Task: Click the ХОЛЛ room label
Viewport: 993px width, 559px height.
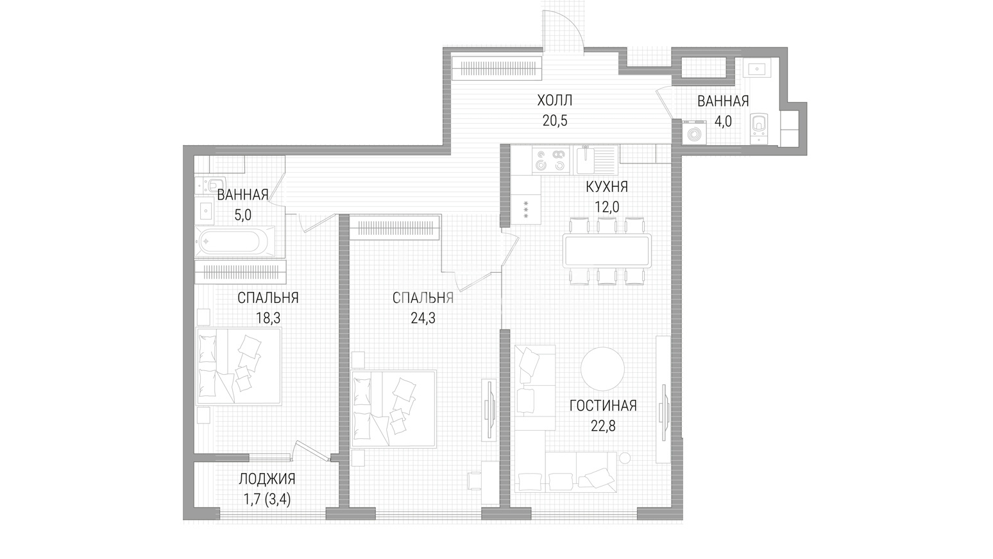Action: tap(555, 101)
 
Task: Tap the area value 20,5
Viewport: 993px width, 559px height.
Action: tap(555, 121)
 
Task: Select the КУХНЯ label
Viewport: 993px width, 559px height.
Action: tap(607, 187)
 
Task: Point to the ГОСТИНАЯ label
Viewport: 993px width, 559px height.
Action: tap(603, 406)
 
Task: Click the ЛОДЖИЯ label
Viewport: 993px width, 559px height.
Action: tap(267, 479)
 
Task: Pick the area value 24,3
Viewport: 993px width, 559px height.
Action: tap(423, 318)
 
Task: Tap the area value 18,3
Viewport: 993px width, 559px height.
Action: tap(267, 318)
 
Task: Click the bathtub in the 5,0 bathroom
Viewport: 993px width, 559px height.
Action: tap(235, 242)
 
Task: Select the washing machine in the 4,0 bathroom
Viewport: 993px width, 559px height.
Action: tap(694, 132)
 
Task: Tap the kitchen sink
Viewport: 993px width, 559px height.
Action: tap(595, 160)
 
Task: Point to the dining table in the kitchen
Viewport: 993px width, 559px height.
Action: tap(607, 251)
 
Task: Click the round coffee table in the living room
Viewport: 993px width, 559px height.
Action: tap(602, 368)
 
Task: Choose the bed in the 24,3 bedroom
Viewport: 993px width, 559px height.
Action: tap(394, 409)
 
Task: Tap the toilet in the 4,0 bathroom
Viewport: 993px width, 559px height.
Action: tap(758, 128)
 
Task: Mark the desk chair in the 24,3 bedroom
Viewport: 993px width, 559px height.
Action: tap(474, 481)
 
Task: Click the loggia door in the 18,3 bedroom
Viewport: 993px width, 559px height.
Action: tap(313, 452)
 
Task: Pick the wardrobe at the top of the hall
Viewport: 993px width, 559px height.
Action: tap(497, 68)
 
